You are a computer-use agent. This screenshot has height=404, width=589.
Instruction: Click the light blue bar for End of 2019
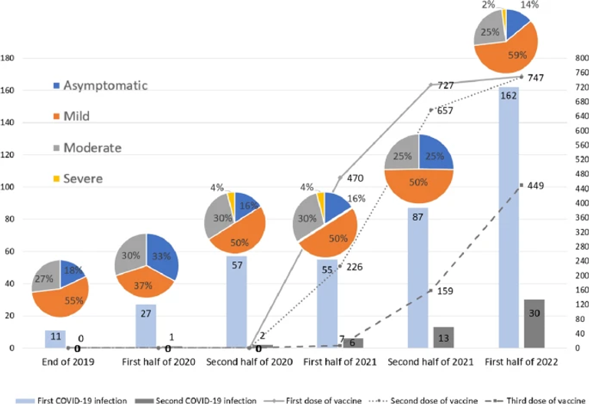click(x=54, y=339)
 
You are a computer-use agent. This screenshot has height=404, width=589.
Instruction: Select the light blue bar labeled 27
click(x=146, y=327)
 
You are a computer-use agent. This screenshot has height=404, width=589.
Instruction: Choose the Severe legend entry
click(x=88, y=178)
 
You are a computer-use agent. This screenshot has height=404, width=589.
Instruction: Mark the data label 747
click(x=538, y=78)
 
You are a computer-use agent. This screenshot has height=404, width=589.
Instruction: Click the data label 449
click(x=535, y=185)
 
